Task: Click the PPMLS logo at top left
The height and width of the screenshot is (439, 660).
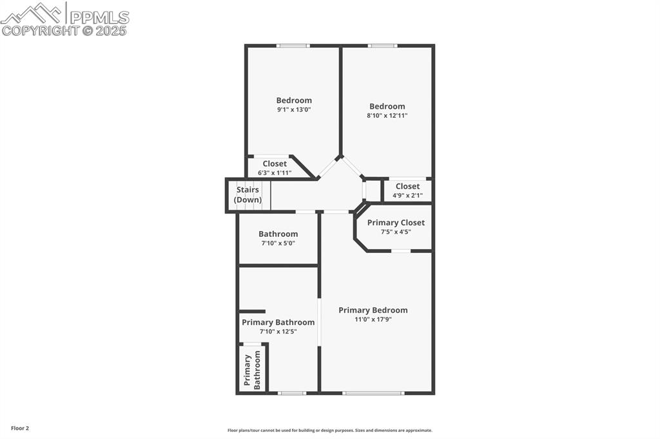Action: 64,14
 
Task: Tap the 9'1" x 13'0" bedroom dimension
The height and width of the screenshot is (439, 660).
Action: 294,109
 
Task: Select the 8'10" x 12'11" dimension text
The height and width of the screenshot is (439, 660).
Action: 387,116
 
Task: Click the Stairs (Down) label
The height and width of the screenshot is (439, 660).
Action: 247,195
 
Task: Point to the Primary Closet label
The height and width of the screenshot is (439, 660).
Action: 396,223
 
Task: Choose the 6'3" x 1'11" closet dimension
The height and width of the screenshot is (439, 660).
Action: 275,173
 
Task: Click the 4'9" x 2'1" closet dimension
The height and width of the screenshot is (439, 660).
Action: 407,195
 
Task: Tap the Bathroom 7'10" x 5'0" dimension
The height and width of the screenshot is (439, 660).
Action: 278,243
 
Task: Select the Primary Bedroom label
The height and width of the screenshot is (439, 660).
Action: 373,310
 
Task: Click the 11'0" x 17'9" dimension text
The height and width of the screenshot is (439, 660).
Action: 373,319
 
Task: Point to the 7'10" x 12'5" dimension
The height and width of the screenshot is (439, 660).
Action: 278,332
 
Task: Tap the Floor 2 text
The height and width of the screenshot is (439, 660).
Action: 19,428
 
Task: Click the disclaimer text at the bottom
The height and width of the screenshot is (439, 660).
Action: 329,431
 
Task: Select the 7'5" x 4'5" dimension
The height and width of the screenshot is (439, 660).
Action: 396,232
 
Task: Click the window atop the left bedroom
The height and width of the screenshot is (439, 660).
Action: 293,46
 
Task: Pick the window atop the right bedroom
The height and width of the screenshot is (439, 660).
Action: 382,46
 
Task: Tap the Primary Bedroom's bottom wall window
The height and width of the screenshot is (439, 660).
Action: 373,393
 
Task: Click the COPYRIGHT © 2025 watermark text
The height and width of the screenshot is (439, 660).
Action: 64,30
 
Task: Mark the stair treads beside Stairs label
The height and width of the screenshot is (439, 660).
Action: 266,195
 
